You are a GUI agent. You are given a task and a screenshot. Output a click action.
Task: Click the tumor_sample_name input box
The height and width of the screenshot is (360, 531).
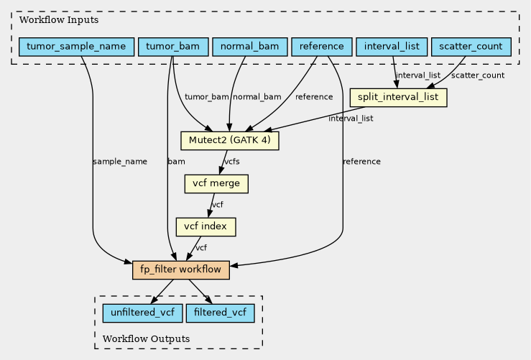(77, 47)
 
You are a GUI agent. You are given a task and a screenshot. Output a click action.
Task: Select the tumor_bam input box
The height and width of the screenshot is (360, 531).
(173, 47)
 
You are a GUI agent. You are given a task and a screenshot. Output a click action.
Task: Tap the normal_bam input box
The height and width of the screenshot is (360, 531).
(250, 47)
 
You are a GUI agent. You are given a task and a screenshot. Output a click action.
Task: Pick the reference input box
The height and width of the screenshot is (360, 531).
(322, 47)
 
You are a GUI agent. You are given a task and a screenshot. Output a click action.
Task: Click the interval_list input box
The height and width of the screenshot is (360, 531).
(392, 47)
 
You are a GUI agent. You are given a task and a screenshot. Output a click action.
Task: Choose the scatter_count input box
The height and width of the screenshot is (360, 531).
(471, 47)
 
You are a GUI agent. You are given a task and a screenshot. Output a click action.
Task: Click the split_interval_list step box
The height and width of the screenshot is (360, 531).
(398, 98)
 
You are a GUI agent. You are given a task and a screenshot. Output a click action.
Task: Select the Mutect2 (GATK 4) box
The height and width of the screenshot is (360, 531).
(230, 141)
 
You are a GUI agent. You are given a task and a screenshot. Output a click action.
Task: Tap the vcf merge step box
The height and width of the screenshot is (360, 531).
(216, 184)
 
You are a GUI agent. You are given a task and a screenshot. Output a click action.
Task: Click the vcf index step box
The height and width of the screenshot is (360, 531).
(206, 227)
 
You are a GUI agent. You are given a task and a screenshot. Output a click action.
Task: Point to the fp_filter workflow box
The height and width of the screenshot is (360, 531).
(181, 270)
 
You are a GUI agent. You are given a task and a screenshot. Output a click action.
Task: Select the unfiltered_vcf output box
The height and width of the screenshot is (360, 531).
(142, 313)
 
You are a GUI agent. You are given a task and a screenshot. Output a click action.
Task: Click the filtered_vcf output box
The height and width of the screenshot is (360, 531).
(220, 313)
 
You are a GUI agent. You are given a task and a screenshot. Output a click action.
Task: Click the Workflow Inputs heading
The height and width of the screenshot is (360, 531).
(59, 20)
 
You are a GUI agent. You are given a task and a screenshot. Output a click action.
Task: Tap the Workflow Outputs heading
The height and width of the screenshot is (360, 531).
(146, 339)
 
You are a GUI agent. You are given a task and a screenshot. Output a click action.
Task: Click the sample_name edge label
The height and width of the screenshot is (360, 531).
(120, 162)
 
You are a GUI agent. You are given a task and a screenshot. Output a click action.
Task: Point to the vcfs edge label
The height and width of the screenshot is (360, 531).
(232, 162)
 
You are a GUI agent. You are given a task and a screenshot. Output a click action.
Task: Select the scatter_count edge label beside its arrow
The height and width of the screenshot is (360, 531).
(478, 75)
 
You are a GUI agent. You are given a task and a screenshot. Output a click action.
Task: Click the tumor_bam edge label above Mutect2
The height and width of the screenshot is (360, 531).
(206, 97)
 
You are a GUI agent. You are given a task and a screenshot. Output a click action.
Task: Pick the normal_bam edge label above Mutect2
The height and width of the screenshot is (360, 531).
(257, 97)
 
